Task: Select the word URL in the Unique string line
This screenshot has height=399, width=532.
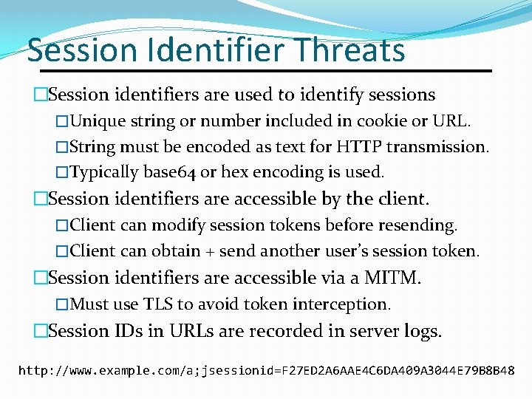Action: pyautogui.click(x=455, y=120)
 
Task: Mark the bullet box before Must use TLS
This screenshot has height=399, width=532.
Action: pyautogui.click(x=62, y=304)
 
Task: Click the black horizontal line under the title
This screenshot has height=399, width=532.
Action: pyautogui.click(x=259, y=71)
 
